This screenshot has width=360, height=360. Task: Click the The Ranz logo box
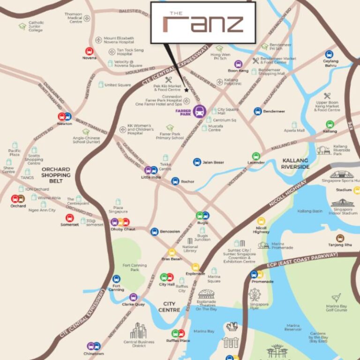pos(202,22)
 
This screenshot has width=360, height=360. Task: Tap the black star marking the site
pos(186,90)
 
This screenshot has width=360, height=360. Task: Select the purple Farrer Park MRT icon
pos(199,112)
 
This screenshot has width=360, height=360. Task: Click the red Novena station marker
pos(89,51)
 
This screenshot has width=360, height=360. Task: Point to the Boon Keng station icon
pos(238,64)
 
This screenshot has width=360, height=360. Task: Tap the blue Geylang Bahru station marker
pos(329,54)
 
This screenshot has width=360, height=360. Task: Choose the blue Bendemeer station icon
pos(257,111)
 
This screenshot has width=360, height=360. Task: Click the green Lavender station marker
pos(256,156)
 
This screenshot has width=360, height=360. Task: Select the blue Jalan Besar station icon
pos(197,162)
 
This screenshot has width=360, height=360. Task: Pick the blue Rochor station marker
pos(175,181)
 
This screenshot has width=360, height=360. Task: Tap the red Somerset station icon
pos(69,218)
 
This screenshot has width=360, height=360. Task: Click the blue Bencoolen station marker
pos(154,231)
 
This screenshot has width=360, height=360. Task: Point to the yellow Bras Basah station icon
pos(172,252)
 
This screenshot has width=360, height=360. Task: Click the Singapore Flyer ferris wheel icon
pos(255,295)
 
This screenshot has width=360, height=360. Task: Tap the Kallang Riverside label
pos(296,164)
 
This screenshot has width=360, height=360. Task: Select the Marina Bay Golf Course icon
pos(336,298)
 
